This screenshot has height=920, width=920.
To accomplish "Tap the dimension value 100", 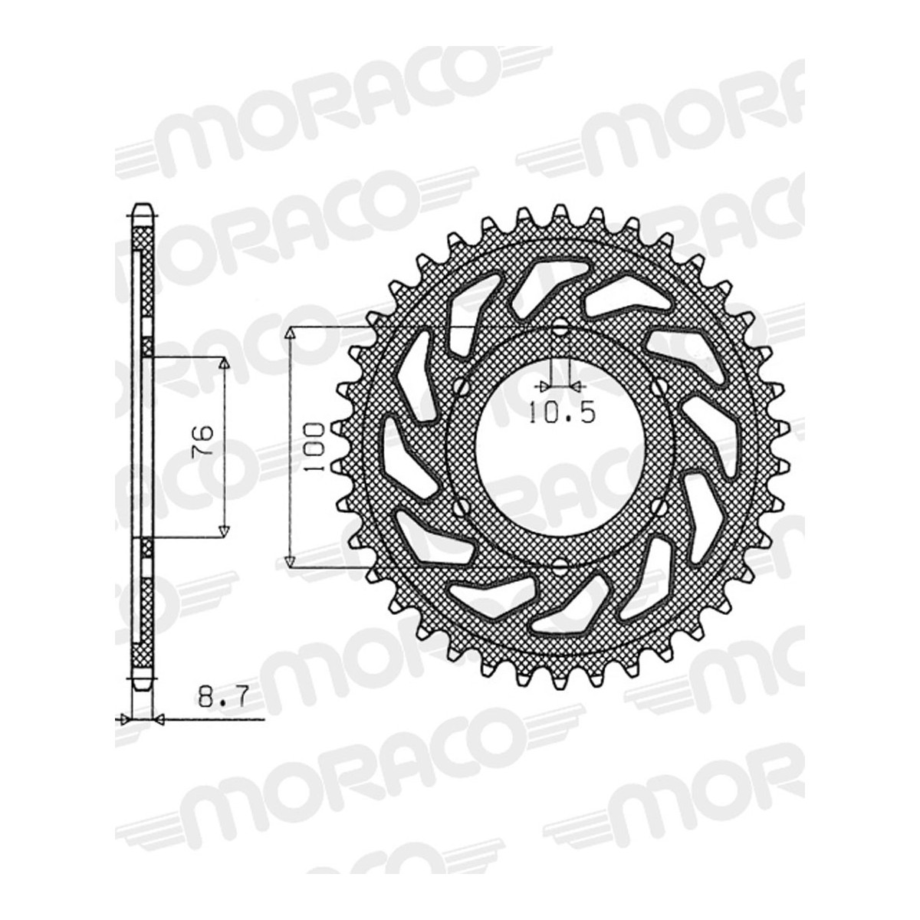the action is click(314, 447).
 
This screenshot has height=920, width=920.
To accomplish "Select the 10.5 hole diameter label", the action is click(562, 412).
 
